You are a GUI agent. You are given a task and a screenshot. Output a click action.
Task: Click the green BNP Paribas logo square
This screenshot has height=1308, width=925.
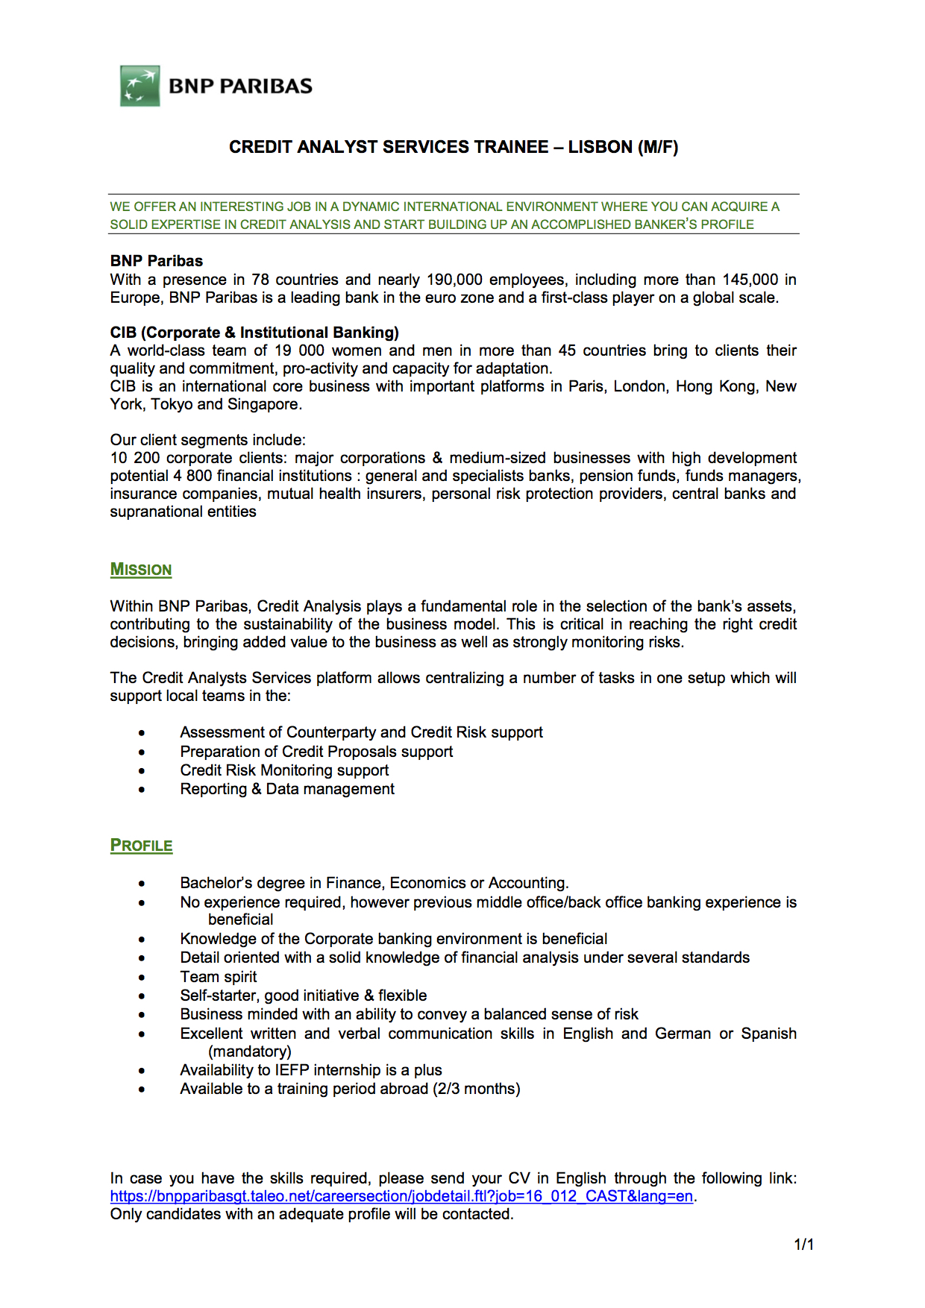click(140, 86)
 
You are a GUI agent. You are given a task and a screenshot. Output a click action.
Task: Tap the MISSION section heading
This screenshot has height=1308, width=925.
click(141, 570)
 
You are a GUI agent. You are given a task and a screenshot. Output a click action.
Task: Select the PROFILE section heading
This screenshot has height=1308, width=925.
click(142, 846)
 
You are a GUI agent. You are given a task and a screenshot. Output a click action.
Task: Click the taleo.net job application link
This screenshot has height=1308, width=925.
click(401, 1196)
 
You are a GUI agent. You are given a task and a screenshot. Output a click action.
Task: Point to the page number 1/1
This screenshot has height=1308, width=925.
click(803, 1244)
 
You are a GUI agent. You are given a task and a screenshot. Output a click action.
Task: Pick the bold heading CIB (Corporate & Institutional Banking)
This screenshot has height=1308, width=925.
click(254, 333)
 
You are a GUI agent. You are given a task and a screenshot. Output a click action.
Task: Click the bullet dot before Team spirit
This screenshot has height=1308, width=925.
click(142, 977)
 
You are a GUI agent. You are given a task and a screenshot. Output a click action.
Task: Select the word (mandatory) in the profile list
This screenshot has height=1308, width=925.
click(250, 1051)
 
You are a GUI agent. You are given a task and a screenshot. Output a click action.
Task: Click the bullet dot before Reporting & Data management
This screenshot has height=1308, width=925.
click(142, 789)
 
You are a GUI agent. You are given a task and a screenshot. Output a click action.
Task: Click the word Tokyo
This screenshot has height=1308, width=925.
click(172, 404)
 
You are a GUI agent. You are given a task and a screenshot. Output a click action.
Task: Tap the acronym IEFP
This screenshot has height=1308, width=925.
click(292, 1070)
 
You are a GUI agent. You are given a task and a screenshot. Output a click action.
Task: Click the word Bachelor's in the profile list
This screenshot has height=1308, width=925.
click(215, 883)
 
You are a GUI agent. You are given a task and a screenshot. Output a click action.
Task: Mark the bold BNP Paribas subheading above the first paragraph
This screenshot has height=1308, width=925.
click(157, 261)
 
